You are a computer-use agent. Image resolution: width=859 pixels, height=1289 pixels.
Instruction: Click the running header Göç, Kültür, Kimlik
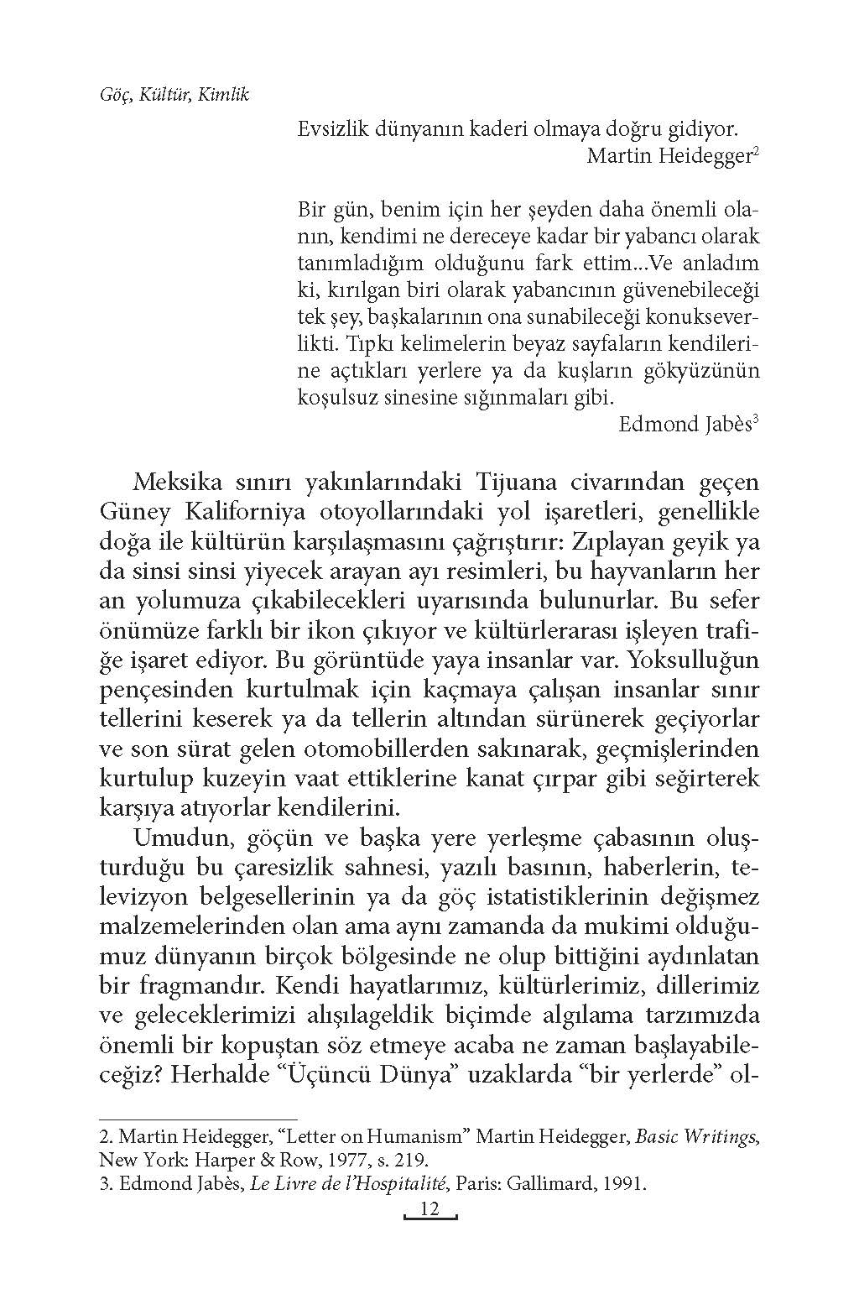click(174, 94)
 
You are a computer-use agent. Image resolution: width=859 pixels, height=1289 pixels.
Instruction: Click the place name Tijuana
click(523, 483)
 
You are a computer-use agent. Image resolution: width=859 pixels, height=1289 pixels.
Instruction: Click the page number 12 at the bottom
click(429, 1209)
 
